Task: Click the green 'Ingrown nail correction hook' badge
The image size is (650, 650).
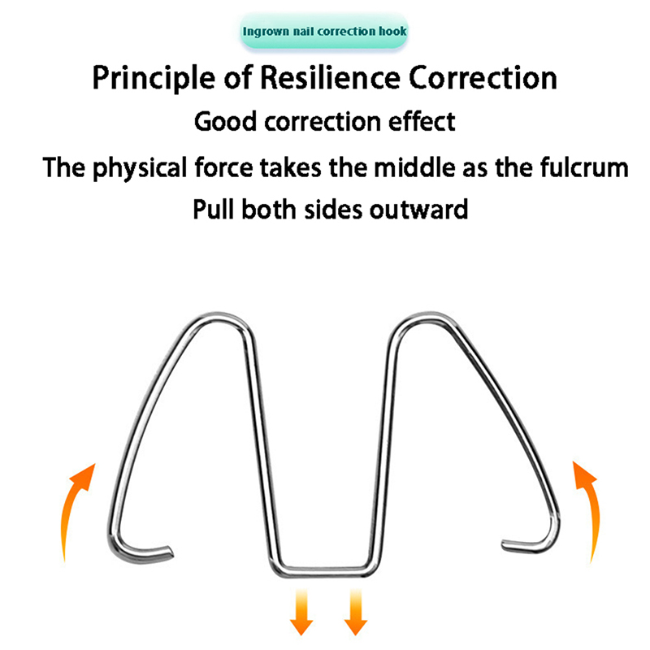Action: click(x=324, y=32)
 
